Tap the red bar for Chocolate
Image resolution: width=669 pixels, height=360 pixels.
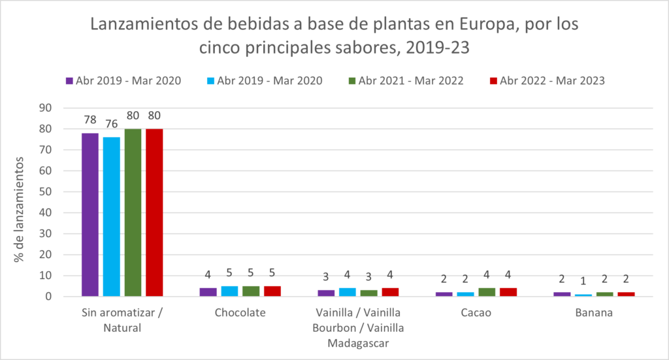coord(272,291)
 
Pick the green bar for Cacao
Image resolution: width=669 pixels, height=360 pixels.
coord(487,292)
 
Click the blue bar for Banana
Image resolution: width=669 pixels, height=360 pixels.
coord(583,295)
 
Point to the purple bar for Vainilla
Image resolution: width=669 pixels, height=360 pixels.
coord(326,293)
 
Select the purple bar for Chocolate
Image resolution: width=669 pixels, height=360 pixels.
coord(208,292)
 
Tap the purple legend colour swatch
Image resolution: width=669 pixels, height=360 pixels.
coord(69,81)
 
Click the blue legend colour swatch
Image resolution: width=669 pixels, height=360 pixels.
coord(211,81)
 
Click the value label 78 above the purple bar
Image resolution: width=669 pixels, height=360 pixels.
coord(90,120)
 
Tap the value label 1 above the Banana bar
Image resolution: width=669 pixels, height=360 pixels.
coord(583,282)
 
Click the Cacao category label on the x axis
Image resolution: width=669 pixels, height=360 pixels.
coord(476,313)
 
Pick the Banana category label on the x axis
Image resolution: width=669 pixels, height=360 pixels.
coord(594,313)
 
